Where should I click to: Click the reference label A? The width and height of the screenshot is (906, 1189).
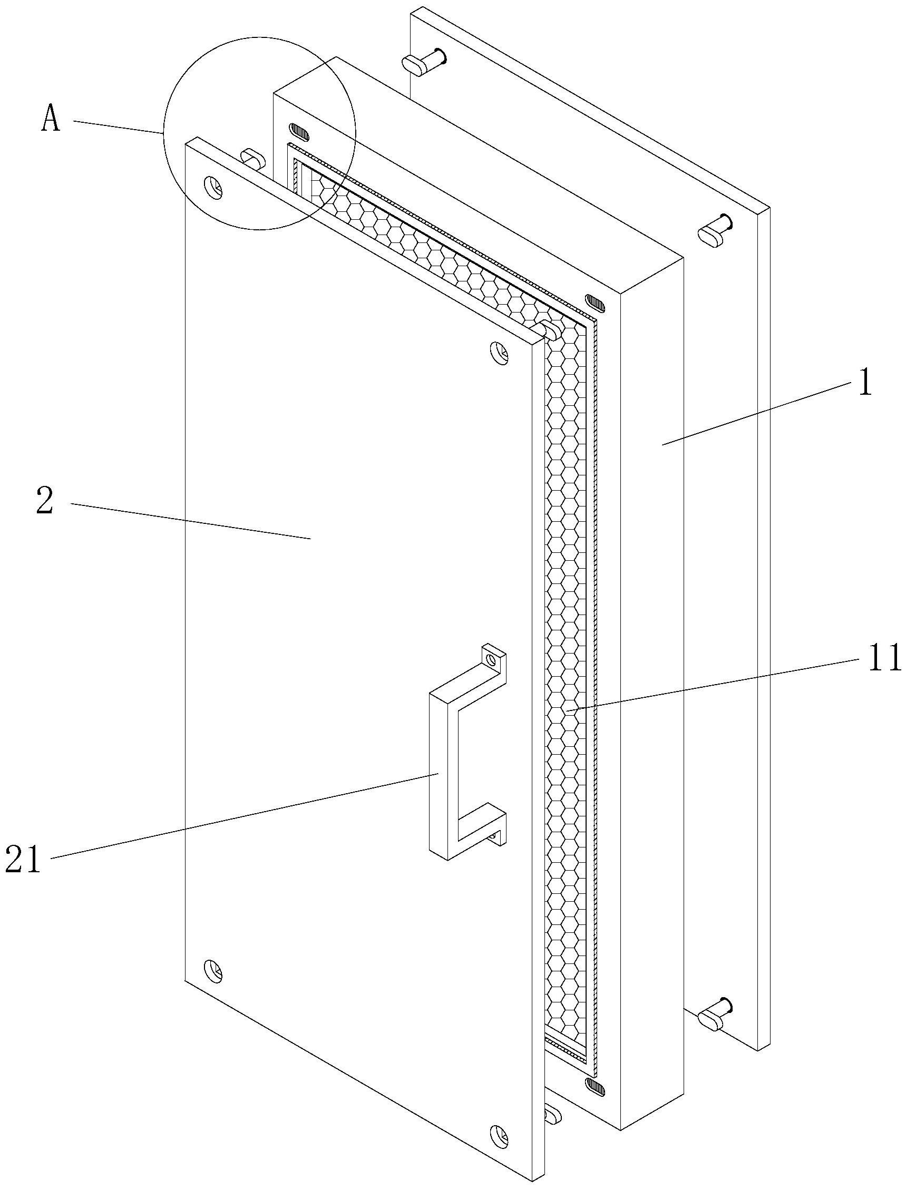pyautogui.click(x=51, y=120)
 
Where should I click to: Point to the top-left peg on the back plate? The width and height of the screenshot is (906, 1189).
pyautogui.click(x=424, y=61)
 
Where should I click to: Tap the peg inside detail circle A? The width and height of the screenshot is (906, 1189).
pyautogui.click(x=253, y=159)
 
